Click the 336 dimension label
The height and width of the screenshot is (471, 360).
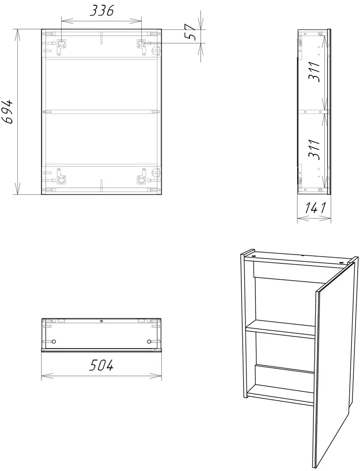102,11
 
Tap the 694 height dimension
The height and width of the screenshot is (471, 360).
8,111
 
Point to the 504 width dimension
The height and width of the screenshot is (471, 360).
101,365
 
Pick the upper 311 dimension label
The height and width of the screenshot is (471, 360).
314,72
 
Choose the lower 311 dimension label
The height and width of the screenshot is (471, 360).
314,149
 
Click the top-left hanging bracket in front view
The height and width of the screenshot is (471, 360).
61,47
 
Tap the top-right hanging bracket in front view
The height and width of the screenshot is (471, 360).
141,47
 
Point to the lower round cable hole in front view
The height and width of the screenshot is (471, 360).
155,173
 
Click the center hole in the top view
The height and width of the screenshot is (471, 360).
102,321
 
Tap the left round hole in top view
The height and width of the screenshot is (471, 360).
54,341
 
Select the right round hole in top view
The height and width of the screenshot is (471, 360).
149,341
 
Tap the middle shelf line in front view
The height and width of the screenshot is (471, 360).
101,112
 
